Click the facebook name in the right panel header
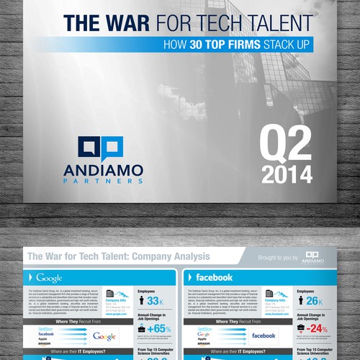pyautogui.click(x=213, y=277)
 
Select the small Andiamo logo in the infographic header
pyautogui.click(x=312, y=257)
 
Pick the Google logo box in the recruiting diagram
pyautogui.click(x=104, y=336)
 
